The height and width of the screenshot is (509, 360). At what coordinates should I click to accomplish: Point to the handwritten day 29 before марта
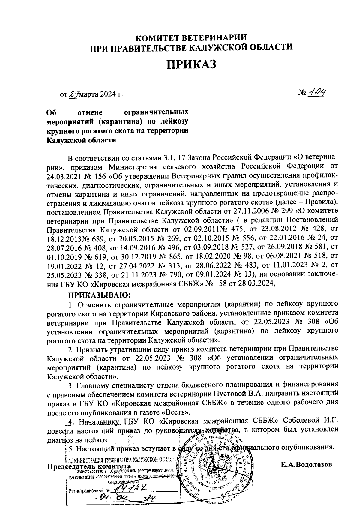pos(73,95)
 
